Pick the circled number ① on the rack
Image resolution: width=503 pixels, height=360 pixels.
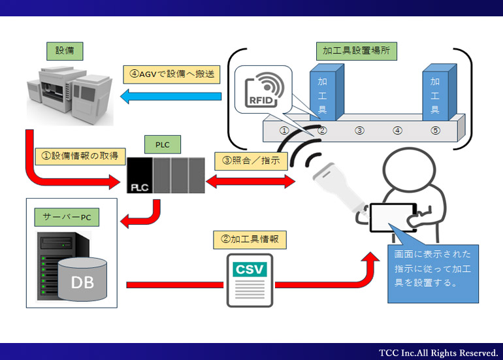click(x=284, y=130)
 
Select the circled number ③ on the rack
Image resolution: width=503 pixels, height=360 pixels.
click(x=359, y=130)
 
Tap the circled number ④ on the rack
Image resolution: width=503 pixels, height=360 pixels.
click(x=397, y=130)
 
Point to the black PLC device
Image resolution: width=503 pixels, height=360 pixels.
click(x=166, y=176)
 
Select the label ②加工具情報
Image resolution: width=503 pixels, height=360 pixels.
click(x=250, y=240)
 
